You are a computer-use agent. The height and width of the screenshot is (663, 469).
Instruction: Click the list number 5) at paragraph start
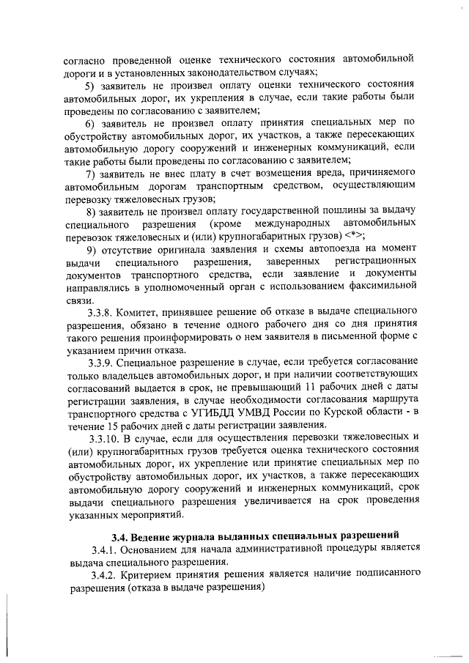coord(91,85)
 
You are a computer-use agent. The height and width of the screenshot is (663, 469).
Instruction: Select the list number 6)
coord(91,122)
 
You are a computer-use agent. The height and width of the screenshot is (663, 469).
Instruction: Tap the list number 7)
coord(91,174)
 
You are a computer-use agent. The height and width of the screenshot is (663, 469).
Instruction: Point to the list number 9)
coord(91,249)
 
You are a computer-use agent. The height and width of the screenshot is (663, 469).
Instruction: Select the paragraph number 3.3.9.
coord(101,363)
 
